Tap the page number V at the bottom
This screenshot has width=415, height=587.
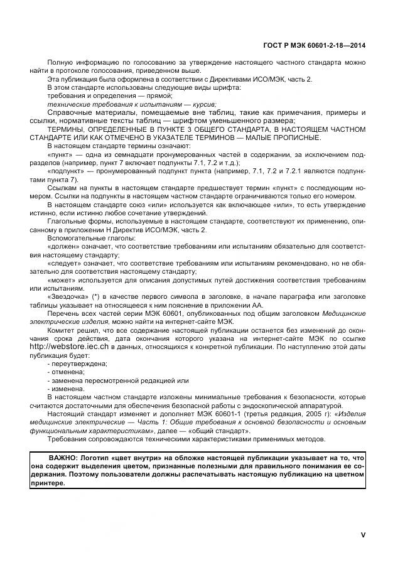click(x=363, y=535)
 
